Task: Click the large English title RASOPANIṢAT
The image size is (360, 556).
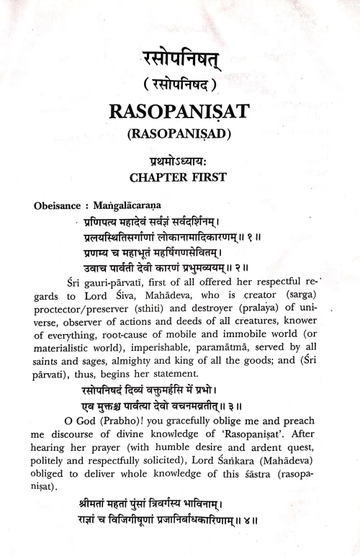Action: pos(180,112)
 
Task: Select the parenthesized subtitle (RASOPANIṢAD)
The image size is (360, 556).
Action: pos(180,134)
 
